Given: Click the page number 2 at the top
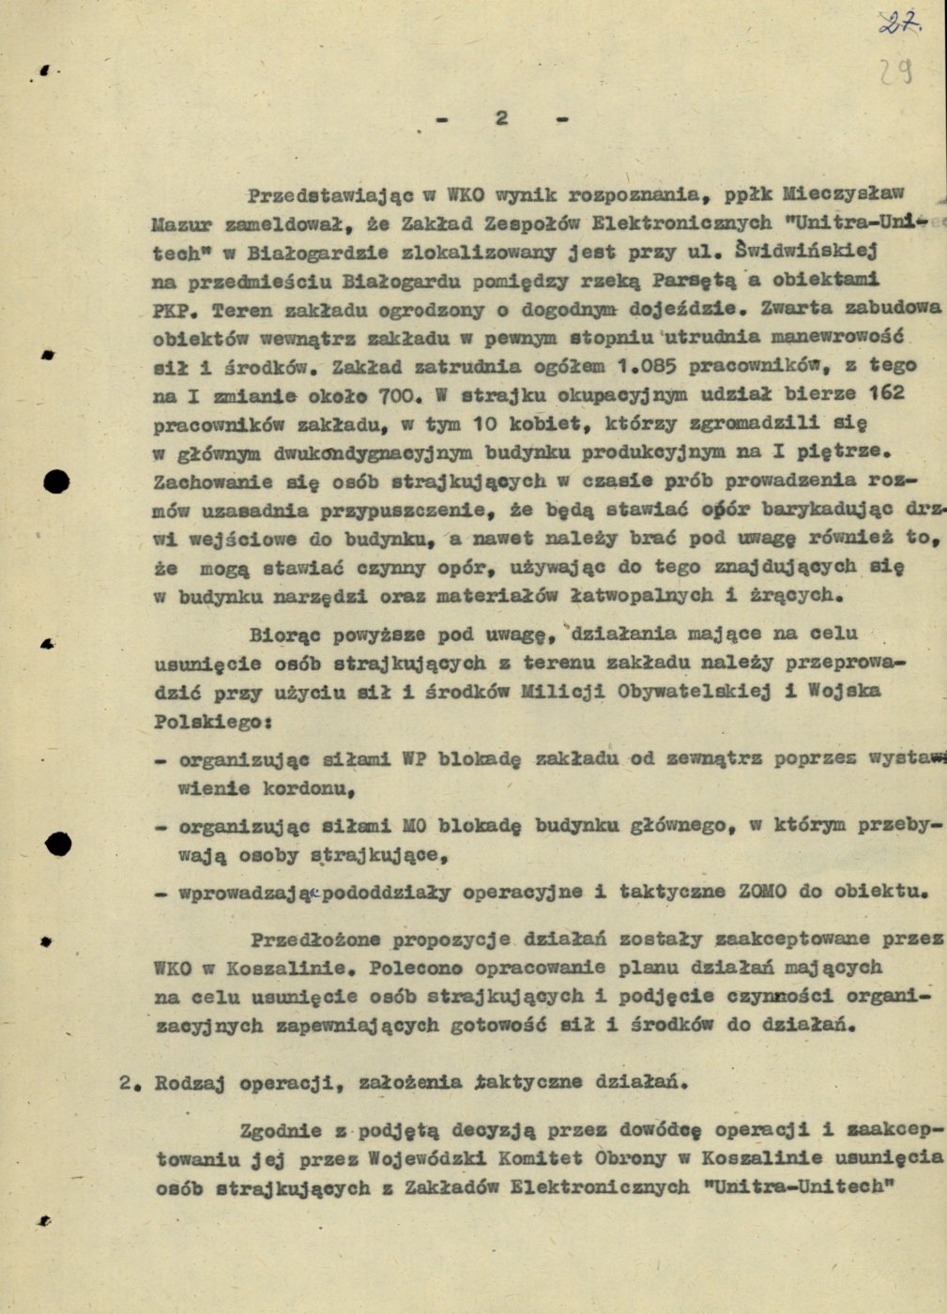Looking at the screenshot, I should [x=501, y=117].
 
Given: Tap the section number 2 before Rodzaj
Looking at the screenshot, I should [x=125, y=1081].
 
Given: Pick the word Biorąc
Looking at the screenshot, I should [x=280, y=634].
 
